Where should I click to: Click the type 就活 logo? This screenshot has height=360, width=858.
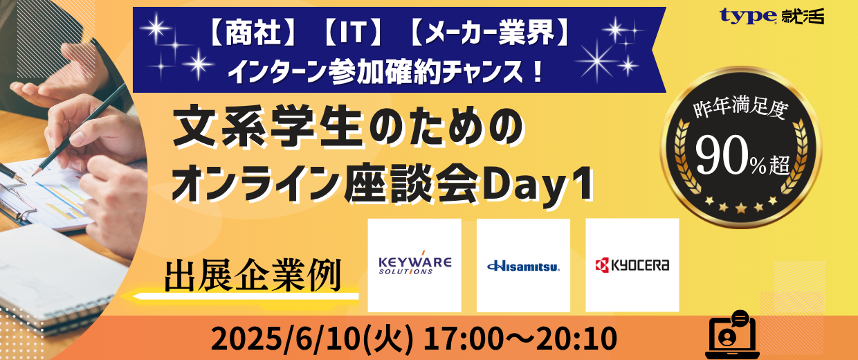(772, 16)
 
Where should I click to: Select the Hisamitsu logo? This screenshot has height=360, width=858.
(523, 266)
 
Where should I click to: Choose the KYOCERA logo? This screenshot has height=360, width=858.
(632, 265)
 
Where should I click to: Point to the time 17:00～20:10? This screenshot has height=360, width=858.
(520, 339)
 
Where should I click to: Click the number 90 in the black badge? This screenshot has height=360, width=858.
(721, 155)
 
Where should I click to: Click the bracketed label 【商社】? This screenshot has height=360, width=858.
(252, 33)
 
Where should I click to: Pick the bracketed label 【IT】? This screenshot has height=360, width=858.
(354, 33)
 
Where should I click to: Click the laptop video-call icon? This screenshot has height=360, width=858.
(732, 334)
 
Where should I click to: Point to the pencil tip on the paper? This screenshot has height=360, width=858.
(34, 174)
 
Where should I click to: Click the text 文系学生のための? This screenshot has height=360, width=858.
(348, 129)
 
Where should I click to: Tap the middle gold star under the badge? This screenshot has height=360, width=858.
(740, 208)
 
